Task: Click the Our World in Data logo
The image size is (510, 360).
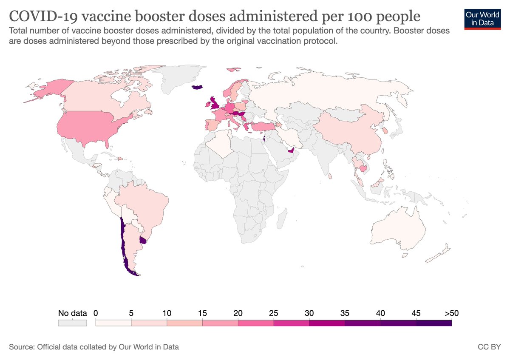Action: pos(482,18)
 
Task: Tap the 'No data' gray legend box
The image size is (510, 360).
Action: pos(72,323)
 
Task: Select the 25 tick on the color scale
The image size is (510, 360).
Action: pos(274,313)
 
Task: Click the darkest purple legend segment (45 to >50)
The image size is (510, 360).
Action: pos(433,323)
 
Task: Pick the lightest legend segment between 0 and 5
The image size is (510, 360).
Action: pos(113,323)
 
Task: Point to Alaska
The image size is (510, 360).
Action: pos(45,89)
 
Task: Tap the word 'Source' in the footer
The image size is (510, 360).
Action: pos(20,347)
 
